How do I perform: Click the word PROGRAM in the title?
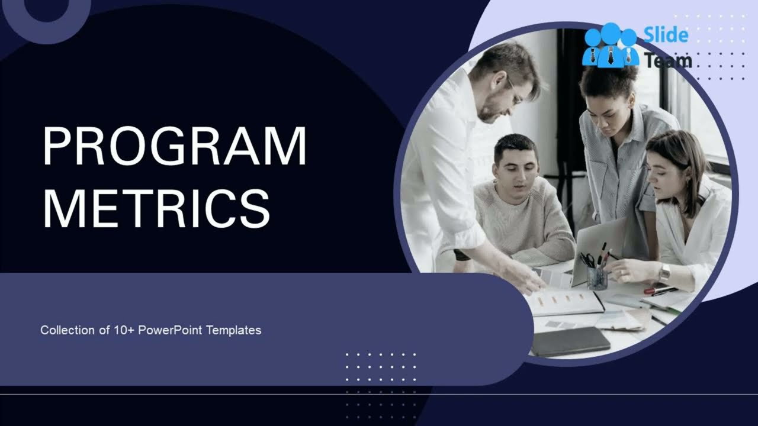pos(175,146)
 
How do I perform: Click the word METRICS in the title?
pos(157,208)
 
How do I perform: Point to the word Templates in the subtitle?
pos(234,330)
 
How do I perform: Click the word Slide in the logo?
pos(666,35)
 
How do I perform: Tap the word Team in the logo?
pos(668,60)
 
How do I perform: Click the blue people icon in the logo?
pos(610,46)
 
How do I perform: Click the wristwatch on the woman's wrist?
pos(664,273)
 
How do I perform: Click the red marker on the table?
pos(659,289)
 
